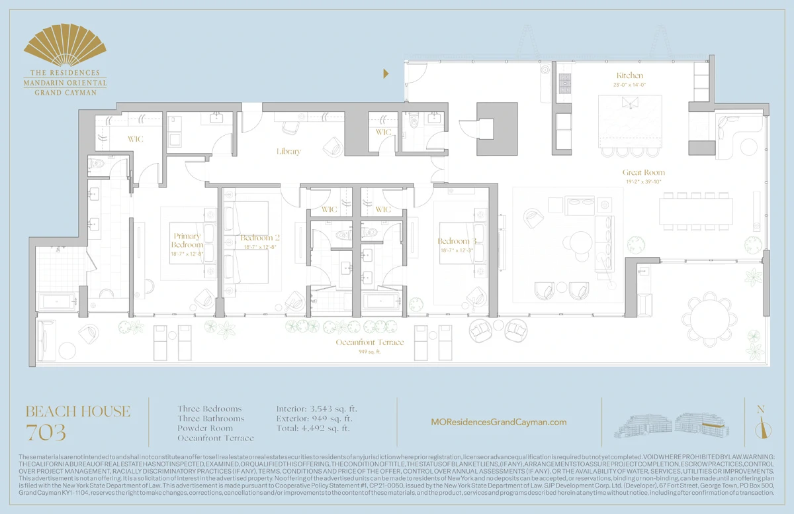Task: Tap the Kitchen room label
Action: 629,76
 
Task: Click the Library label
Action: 288,152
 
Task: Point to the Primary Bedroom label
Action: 187,240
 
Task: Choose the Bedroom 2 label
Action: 260,238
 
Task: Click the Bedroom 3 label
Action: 457,241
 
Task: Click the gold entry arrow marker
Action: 386,74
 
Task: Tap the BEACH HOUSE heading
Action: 78,411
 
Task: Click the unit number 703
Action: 46,433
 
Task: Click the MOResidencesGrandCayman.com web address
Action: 498,422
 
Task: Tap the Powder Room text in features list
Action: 206,428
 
